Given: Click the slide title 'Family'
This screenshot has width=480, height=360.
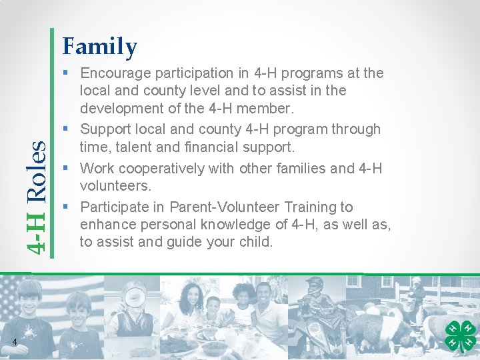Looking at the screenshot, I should pos(99,47).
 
